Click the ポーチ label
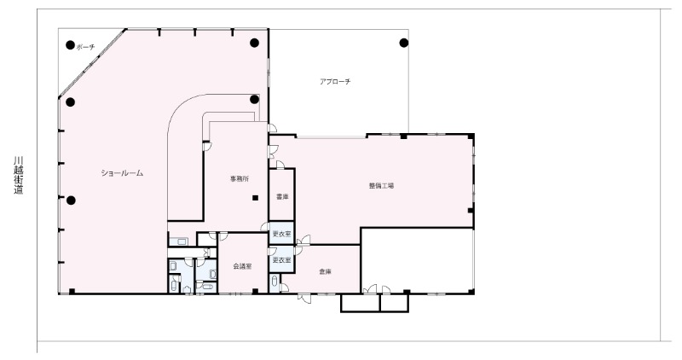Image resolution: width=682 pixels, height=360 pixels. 85,47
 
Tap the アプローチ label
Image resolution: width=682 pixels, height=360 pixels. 335,81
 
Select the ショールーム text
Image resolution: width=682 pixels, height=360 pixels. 122,173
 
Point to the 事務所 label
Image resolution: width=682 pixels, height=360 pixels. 240,178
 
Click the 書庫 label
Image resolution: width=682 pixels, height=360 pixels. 282,197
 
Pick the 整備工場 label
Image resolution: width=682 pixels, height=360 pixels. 381,185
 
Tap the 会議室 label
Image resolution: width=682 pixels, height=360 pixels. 242,266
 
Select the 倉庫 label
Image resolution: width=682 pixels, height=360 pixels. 325,271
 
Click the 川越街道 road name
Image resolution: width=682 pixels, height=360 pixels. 18,176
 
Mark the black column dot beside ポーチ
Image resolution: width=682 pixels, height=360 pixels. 70,44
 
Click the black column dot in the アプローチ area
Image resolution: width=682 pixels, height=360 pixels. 403,43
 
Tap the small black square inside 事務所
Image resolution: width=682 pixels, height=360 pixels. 255,198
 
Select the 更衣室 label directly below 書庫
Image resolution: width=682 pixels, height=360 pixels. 281,235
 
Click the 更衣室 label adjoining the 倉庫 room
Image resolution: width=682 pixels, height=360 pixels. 281,260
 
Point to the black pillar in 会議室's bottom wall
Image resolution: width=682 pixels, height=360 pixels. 255,291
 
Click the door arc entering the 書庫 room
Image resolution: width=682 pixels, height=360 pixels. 280,164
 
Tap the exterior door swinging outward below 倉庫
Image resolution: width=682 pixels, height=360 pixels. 305,298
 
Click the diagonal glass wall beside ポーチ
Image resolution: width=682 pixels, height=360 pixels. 92,64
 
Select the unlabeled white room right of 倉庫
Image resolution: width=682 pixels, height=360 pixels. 418,260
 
